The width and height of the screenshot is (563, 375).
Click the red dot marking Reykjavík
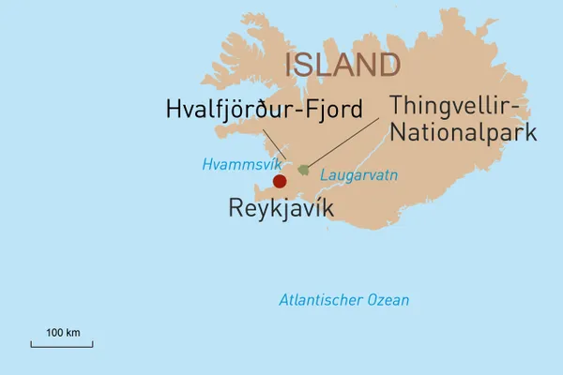(279, 181)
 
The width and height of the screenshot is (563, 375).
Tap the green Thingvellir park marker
(303, 170)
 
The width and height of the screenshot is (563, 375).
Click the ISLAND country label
(342, 65)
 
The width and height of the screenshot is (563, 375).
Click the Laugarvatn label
(352, 175)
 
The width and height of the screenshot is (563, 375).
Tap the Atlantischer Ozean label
(343, 300)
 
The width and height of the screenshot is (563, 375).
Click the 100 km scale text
(63, 332)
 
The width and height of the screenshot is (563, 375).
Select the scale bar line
(62, 344)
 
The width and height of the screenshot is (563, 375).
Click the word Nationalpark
(463, 131)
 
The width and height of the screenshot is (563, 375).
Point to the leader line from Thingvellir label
(347, 141)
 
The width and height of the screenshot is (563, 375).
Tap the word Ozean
(387, 300)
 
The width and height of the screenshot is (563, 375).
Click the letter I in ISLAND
(289, 65)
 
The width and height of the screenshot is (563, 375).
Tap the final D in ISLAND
(388, 65)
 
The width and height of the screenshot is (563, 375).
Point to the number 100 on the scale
(55, 332)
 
